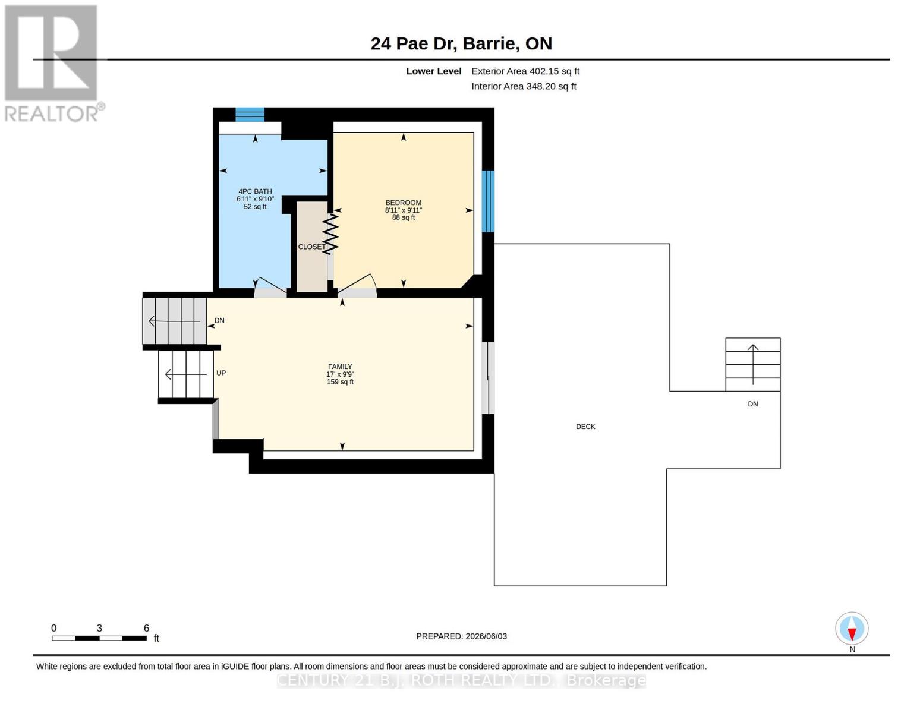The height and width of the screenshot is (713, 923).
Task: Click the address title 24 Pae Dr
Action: (413, 43)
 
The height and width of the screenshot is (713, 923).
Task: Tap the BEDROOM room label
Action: (403, 203)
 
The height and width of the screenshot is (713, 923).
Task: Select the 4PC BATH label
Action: (255, 191)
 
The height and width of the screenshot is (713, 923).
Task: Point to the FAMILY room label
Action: (340, 367)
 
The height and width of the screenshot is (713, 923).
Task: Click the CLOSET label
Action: (311, 247)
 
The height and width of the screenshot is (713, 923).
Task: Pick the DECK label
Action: (585, 427)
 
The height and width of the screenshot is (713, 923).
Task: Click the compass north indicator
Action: (852, 629)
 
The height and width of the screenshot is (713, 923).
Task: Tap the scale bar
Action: (99, 638)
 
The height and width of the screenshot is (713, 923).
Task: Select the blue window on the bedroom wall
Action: (488, 201)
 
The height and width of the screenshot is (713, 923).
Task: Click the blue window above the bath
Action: (250, 115)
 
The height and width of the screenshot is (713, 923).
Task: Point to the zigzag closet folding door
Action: (330, 234)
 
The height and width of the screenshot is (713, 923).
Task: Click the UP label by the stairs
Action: (221, 373)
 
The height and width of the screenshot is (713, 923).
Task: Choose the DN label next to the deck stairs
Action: (752, 404)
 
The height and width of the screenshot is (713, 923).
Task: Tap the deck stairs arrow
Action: (752, 364)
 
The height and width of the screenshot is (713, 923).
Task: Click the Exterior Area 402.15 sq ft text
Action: (525, 71)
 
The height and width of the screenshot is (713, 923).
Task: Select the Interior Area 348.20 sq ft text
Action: (524, 86)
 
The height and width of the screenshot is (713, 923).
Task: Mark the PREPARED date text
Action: (461, 636)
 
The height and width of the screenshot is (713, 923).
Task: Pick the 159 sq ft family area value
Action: (340, 382)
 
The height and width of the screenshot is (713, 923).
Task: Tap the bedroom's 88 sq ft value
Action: (403, 217)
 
